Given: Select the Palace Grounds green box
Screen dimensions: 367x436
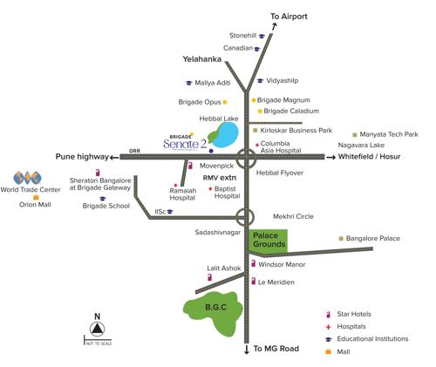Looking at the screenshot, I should tap(269, 241).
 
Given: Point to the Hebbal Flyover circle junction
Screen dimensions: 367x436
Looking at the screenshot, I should tap(248, 158).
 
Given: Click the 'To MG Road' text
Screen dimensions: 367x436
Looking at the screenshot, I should tap(276, 349).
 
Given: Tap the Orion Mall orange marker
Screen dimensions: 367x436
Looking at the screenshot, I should tap(24, 198).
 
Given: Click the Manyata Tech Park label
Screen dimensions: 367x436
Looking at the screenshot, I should tap(388, 134).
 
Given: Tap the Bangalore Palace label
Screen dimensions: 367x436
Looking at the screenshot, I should tap(372, 238).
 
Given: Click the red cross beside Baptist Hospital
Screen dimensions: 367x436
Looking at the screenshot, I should tap(210, 188).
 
